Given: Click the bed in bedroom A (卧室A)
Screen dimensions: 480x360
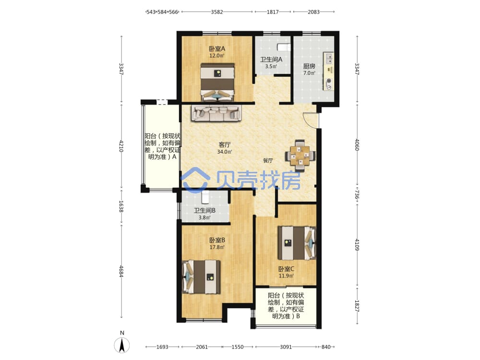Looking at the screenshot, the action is point(217,82).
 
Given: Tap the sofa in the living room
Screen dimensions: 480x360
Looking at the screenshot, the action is point(217,113).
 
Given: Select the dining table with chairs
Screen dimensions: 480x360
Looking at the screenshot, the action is point(300,155).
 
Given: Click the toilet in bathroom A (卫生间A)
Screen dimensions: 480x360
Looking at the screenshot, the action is point(284,47).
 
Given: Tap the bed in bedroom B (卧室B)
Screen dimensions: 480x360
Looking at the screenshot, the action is point(202,277).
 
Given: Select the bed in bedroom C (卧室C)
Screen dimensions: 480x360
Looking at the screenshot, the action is point(297,243).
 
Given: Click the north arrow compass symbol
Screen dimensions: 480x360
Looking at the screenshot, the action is point(122,345).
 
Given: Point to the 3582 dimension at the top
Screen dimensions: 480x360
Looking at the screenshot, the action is point(217,12).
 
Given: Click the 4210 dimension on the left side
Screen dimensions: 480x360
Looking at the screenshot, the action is point(121,146).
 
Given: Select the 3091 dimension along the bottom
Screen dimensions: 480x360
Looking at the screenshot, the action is point(286,347).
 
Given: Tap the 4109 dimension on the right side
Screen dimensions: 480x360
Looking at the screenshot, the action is point(357,245).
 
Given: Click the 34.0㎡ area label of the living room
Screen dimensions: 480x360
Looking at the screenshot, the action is point(224,152).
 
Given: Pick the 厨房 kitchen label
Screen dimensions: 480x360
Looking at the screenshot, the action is point(309,66).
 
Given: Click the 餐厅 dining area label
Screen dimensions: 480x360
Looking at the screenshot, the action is point(268,160).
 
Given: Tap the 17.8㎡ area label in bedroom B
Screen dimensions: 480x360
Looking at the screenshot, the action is point(217,247).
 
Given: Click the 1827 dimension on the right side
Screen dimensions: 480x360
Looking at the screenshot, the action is point(357,306).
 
